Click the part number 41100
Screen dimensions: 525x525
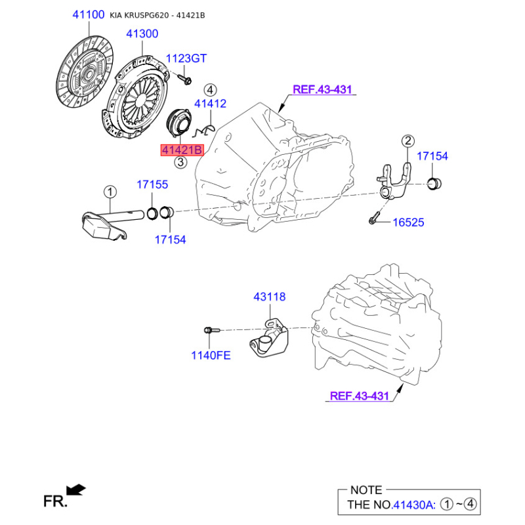point(89,14)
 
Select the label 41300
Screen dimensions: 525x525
point(142,33)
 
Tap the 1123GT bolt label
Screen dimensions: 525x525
point(186,58)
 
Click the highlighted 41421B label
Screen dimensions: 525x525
point(182,150)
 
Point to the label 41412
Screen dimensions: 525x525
point(210,104)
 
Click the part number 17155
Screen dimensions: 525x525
point(152,184)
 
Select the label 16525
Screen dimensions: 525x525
point(408,222)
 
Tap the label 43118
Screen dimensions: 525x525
point(270,297)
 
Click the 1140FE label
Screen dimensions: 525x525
point(211,355)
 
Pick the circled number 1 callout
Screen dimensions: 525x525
point(110,192)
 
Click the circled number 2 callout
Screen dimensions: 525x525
point(408,141)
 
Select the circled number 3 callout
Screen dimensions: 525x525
point(180,162)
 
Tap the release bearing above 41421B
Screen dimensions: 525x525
point(178,121)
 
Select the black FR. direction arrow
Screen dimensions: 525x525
point(76,490)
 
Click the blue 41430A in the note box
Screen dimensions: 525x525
point(413,504)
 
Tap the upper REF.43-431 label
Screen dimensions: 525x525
point(322,89)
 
